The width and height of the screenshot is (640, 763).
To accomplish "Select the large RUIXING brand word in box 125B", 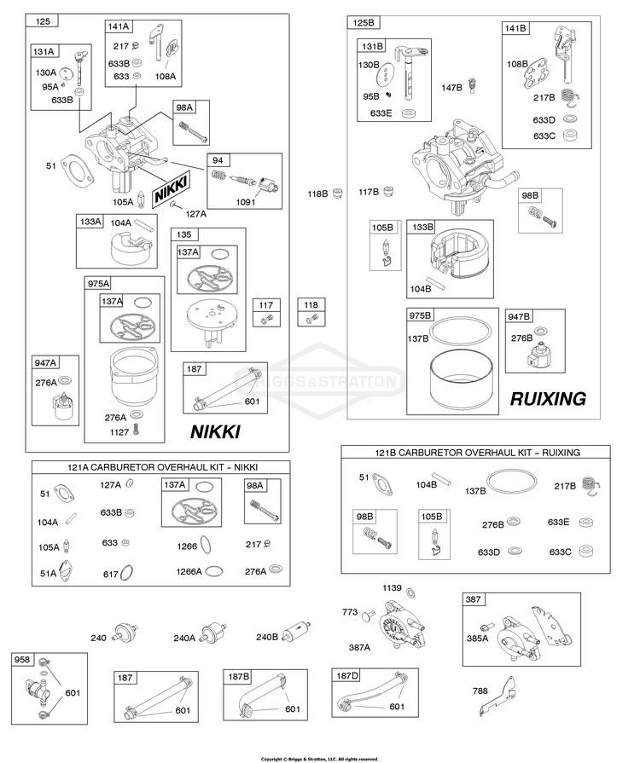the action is click(x=548, y=399).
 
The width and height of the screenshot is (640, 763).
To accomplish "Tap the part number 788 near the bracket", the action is click(x=480, y=691).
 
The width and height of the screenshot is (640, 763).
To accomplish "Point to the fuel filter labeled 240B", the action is click(x=297, y=633).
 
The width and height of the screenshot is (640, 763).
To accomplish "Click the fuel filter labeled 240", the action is click(x=126, y=633).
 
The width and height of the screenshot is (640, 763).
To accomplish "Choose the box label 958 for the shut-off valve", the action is click(x=22, y=660).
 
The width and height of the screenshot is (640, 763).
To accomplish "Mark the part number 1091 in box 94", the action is click(x=246, y=202).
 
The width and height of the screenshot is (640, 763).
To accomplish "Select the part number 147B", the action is click(x=452, y=88).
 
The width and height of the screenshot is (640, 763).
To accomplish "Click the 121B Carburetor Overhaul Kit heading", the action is click(x=475, y=453).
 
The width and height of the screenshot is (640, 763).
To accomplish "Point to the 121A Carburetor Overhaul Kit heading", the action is click(x=163, y=468).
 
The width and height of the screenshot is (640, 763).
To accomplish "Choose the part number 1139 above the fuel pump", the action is click(x=392, y=588).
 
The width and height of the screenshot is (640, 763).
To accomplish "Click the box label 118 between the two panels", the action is click(x=311, y=305).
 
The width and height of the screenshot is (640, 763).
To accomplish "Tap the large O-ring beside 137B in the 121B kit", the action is click(x=512, y=483).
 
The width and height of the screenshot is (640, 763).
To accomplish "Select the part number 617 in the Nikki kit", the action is click(x=111, y=575).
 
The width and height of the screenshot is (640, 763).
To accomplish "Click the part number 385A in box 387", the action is click(x=477, y=639).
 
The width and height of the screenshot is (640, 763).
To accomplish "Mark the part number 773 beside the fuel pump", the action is click(x=350, y=612).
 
